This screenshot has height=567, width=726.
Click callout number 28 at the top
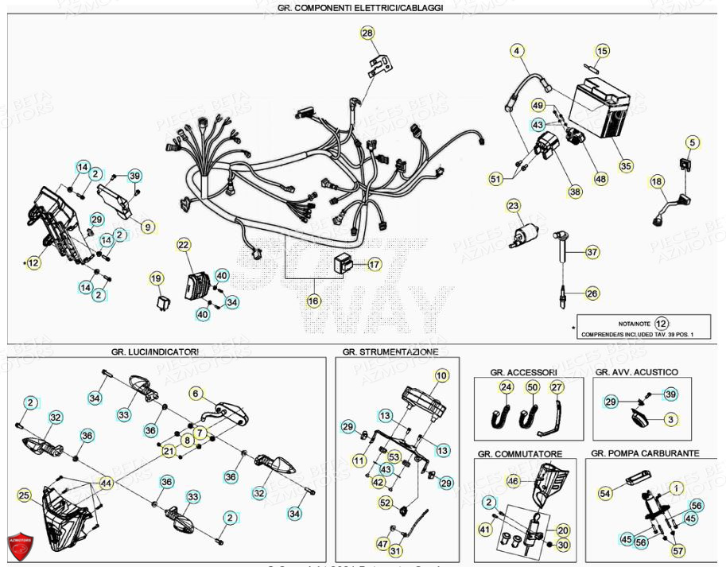click(367, 33)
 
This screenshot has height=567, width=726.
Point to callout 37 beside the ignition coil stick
click(592, 253)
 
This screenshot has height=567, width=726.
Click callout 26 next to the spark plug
click(592, 294)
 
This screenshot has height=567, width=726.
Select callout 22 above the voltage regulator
click(184, 245)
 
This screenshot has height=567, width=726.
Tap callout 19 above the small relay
click(156, 278)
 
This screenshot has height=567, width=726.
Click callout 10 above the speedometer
click(441, 375)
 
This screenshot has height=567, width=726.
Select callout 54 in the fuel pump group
click(606, 494)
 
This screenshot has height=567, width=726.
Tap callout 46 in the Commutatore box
click(513, 480)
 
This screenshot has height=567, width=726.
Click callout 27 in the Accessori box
click(557, 388)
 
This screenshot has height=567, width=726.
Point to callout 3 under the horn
click(670, 419)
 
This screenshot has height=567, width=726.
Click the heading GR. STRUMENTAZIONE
click(390, 351)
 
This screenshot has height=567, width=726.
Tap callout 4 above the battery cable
click(518, 52)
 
